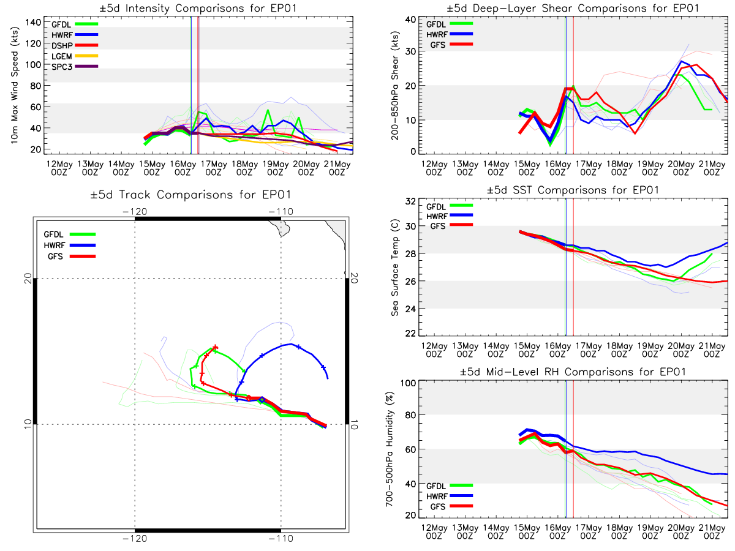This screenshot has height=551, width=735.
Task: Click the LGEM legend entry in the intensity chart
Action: click(75, 56)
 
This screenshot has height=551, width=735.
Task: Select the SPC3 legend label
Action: click(62, 67)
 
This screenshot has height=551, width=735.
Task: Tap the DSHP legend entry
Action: click(75, 45)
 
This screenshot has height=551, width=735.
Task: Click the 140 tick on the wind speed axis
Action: click(34, 23)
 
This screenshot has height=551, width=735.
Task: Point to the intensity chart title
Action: click(198, 8)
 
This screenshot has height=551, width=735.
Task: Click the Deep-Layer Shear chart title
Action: click(573, 8)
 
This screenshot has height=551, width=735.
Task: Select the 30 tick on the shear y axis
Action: click(410, 51)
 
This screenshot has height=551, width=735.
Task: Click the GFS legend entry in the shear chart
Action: click(451, 45)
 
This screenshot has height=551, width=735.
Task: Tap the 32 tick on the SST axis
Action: click(410, 201)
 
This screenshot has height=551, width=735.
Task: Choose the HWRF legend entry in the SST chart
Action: click(450, 216)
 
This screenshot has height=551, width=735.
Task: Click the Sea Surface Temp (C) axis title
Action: click(395, 268)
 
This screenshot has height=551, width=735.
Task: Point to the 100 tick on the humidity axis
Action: click(409, 383)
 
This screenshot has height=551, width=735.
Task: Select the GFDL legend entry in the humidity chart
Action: click(450, 485)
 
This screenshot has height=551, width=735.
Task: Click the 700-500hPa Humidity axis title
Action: click(389, 449)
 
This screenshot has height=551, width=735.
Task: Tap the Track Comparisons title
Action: click(190, 194)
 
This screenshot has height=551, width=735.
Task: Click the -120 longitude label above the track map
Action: click(135, 211)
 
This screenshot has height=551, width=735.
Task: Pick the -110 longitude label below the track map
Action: click(281, 539)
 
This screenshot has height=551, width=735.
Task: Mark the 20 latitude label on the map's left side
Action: click(28, 279)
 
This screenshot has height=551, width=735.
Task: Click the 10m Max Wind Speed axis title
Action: click(15, 85)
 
